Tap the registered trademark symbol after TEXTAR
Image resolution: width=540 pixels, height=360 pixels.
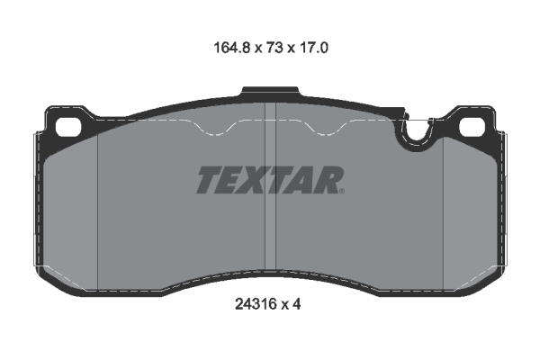(x=340, y=190)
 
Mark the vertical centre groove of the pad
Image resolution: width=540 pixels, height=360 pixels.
(x=270, y=198)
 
